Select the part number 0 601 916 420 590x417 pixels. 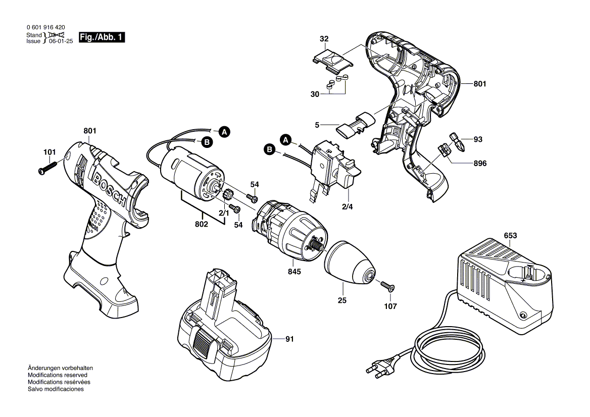click(x=45, y=27)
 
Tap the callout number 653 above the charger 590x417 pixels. click(x=510, y=235)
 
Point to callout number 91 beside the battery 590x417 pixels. click(x=288, y=339)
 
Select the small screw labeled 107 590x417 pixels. click(x=387, y=287)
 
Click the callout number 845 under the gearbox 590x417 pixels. click(x=294, y=272)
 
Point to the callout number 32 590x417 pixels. click(x=324, y=38)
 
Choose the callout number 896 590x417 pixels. click(x=480, y=164)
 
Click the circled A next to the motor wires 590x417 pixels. click(x=224, y=132)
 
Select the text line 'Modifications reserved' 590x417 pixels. click(x=57, y=375)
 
